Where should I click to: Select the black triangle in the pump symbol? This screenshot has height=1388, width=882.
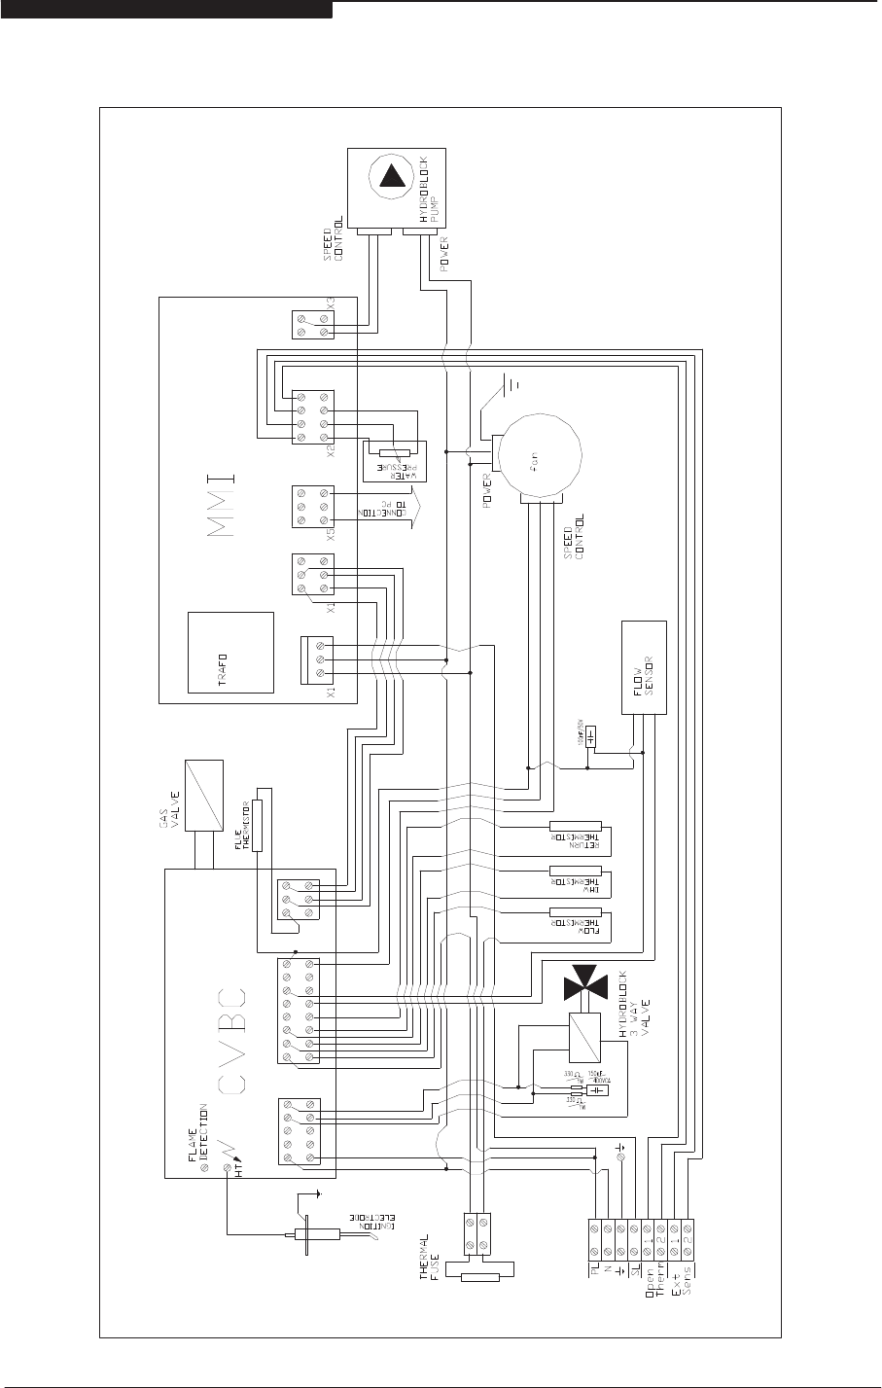coord(394,176)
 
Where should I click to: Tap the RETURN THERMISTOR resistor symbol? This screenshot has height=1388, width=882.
coord(576,826)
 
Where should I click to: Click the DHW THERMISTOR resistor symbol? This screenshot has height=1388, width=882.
coord(576,870)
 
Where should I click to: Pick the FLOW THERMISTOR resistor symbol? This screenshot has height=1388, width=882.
coord(576,913)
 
